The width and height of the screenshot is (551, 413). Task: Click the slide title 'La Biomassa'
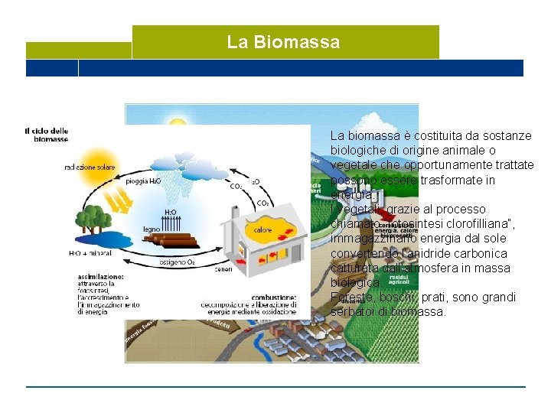point(283,41)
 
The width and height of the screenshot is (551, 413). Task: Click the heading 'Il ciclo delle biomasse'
point(47,135)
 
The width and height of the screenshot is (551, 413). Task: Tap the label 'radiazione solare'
point(90,166)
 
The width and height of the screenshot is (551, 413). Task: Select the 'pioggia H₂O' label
point(144,181)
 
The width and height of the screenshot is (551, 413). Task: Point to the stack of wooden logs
point(173,238)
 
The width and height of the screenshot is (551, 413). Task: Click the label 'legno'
point(152,229)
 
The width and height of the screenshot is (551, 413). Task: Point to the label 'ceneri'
point(223,268)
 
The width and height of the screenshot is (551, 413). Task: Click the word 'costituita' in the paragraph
point(409,135)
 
